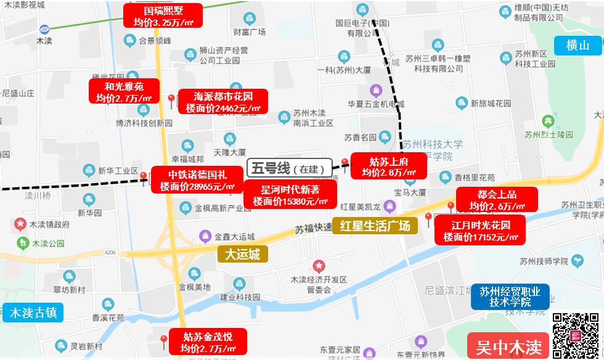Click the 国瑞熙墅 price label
163,16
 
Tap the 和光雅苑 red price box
124,91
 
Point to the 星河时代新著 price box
290,194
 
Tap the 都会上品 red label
497,200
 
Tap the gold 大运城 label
242,253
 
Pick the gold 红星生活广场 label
375,225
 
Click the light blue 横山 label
577,45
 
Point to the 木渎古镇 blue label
33,313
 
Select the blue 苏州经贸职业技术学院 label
510,296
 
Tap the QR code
576,335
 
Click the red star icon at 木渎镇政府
20,223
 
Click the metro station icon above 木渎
44,29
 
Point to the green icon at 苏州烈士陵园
546,121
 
